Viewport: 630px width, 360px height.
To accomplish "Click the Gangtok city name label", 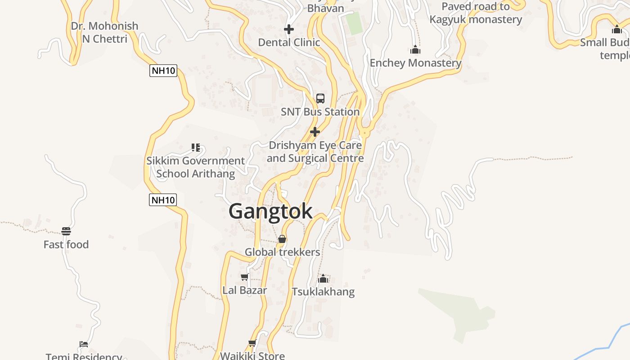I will (x=270, y=211).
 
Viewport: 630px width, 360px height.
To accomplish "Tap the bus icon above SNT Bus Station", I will (x=320, y=98).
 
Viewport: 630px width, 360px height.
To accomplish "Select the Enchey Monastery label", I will (x=415, y=63).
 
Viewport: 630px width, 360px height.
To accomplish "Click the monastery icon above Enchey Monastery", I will (x=415, y=49).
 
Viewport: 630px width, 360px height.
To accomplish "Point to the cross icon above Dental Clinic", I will (x=289, y=30).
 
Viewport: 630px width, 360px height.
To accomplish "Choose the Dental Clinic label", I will (x=289, y=42).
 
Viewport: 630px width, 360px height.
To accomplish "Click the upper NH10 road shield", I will (x=163, y=71).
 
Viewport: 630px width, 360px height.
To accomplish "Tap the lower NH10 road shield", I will (x=163, y=200).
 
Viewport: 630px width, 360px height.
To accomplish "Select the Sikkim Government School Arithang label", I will (x=195, y=167).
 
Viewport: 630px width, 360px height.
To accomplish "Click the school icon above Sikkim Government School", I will (x=195, y=147).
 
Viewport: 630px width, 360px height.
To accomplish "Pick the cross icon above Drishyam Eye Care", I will (x=315, y=132).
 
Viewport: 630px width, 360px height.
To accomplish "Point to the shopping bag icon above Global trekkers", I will (x=282, y=239).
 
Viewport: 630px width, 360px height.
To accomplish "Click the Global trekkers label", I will (x=282, y=252).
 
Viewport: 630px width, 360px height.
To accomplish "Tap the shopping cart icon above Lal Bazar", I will (x=244, y=277).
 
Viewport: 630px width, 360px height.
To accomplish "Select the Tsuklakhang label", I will (x=323, y=292).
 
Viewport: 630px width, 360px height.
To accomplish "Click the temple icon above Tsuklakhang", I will (x=323, y=279).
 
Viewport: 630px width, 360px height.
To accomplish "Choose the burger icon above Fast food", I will (x=66, y=231).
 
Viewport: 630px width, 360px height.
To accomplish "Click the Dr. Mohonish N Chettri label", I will (x=104, y=32).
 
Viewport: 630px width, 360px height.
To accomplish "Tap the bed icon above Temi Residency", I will (x=84, y=344).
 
